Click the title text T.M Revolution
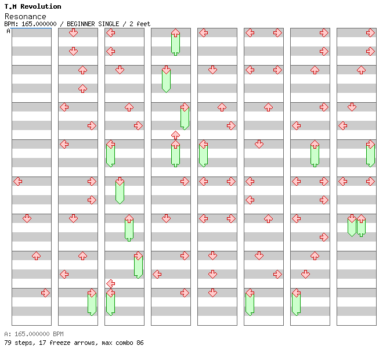pyautogui.click(x=32, y=6)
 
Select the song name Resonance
pyautogui.click(x=25, y=16)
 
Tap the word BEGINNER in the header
pyautogui.click(x=87, y=24)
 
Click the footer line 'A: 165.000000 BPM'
pyautogui.click(x=34, y=334)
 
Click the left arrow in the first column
pyautogui.click(x=18, y=181)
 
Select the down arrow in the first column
pyautogui.click(x=27, y=218)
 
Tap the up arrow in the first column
pyautogui.click(x=36, y=255)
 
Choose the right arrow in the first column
pyautogui.click(x=45, y=293)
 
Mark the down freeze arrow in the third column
pyautogui.click(x=120, y=190)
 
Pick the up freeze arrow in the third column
pyautogui.click(x=129, y=228)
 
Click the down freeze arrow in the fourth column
pyautogui.click(x=166, y=79)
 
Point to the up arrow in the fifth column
pyautogui.click(x=222, y=107)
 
